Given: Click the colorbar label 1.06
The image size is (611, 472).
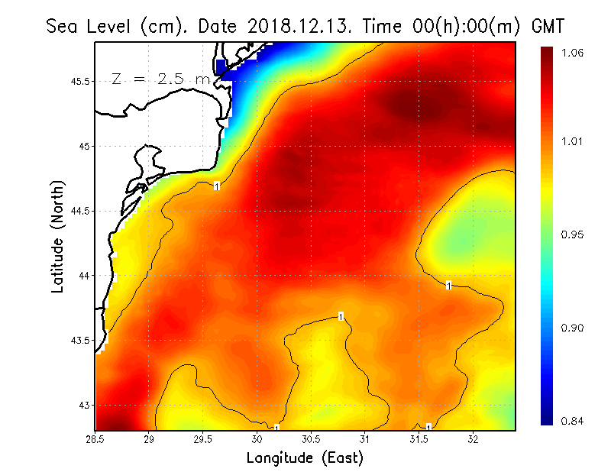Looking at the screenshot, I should coord(573,53).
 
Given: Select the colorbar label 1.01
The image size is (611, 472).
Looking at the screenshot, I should coord(573,141).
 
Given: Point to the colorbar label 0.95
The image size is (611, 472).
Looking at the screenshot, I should coord(573,234).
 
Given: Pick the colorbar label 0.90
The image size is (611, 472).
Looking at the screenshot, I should coord(573,328).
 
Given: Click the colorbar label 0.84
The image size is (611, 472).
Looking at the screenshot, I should coord(573,421).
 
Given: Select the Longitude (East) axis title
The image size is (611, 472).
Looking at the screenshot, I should coord(304,458).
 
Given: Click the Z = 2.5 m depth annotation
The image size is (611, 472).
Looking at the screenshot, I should coord(160,79).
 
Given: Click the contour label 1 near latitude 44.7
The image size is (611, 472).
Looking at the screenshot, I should coord(217,186).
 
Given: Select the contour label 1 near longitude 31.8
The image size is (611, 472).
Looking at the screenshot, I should coord(449,286).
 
